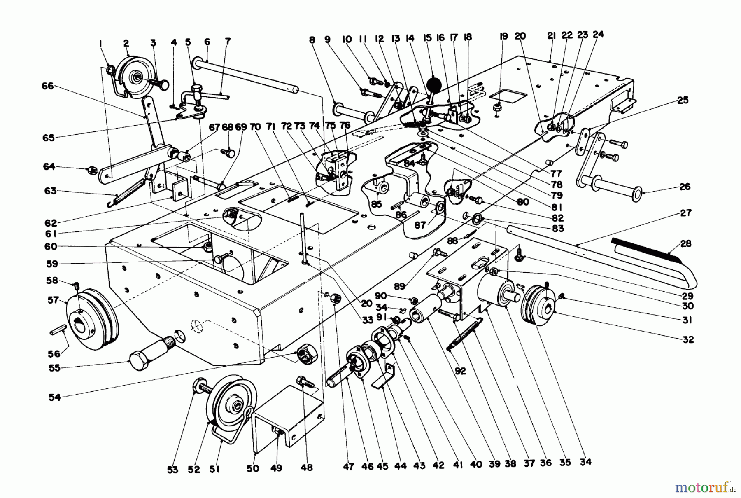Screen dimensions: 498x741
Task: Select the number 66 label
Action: (x=48, y=86)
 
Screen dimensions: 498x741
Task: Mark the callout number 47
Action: (x=348, y=467)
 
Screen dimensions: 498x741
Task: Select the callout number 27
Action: (x=686, y=213)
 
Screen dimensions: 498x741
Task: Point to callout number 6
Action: (x=207, y=41)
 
